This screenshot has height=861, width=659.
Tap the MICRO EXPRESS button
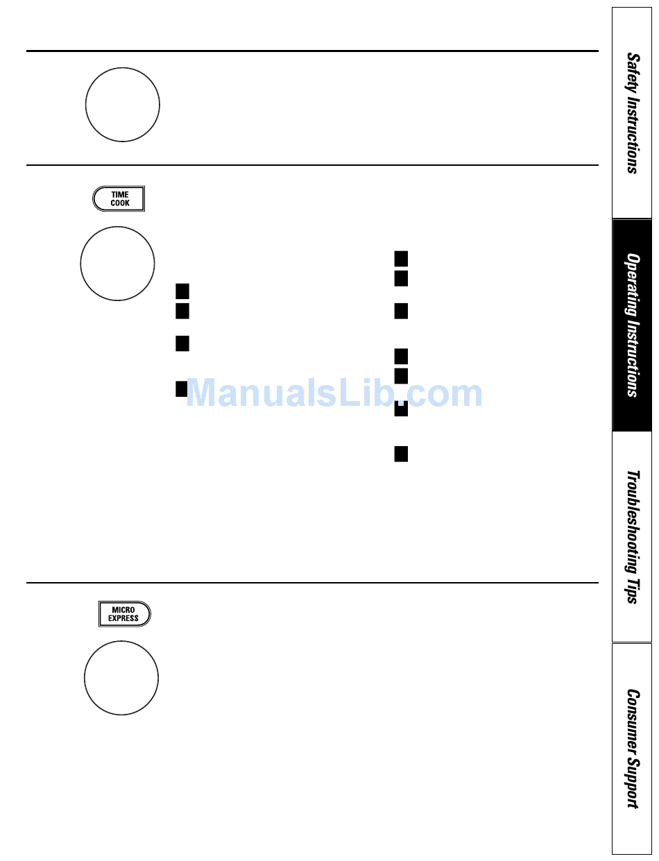[x=124, y=614]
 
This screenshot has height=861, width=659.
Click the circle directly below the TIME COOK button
[x=117, y=264]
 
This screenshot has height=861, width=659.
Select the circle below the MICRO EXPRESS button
[x=121, y=678]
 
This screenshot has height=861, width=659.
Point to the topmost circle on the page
[x=123, y=105]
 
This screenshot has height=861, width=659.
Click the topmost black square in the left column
[x=182, y=291]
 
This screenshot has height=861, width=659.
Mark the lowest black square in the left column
[x=182, y=389]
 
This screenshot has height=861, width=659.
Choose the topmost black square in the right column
[x=401, y=259]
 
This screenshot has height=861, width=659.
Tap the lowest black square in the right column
[x=401, y=454]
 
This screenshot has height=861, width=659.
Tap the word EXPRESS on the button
[x=123, y=618]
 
